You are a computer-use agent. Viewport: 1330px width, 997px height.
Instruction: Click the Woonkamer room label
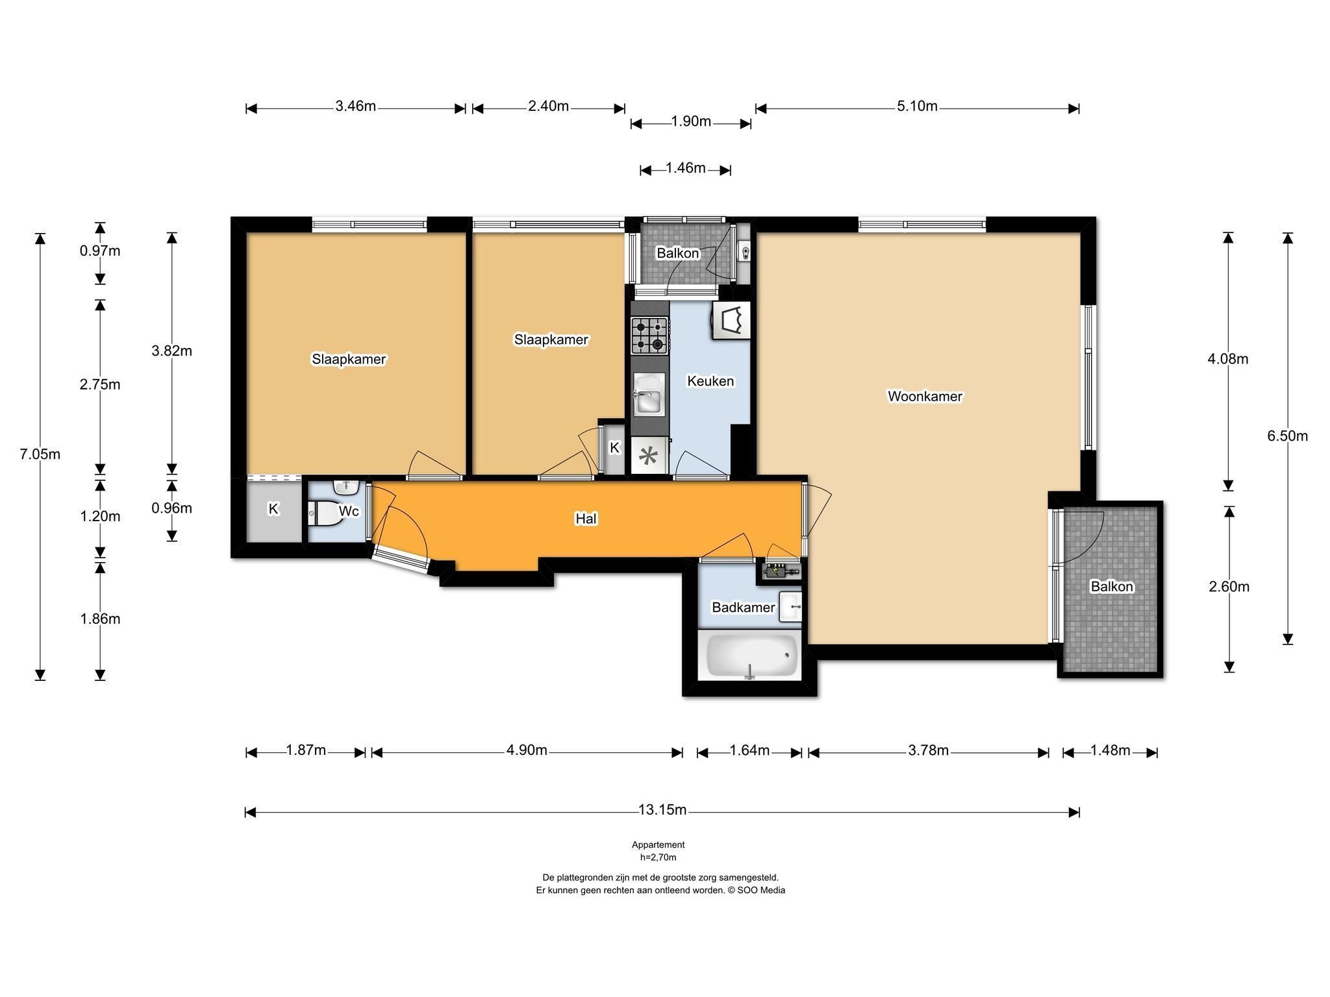pyautogui.click(x=925, y=396)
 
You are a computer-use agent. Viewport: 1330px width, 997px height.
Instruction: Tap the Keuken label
pyautogui.click(x=710, y=381)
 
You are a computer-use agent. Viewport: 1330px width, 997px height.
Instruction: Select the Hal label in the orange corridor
pyautogui.click(x=586, y=519)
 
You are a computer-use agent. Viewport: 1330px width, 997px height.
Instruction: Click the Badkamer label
pyautogui.click(x=743, y=608)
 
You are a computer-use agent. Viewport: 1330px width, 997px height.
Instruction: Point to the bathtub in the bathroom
pyautogui.click(x=752, y=655)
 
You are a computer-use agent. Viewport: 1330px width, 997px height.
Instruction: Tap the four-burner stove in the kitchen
pyautogui.click(x=649, y=335)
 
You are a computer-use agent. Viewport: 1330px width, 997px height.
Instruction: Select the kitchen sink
pyautogui.click(x=649, y=395)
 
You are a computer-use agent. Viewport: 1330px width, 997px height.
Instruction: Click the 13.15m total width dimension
pyautogui.click(x=662, y=810)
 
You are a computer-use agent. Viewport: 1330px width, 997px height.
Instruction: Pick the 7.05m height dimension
pyautogui.click(x=40, y=454)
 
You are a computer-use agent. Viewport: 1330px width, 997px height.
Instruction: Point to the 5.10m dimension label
pyautogui.click(x=917, y=106)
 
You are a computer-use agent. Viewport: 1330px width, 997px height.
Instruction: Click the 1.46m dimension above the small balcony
pyautogui.click(x=685, y=169)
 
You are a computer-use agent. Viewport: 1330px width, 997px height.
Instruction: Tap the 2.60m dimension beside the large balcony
pyautogui.click(x=1229, y=587)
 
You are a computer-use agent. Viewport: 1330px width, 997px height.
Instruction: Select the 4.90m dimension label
pyautogui.click(x=527, y=750)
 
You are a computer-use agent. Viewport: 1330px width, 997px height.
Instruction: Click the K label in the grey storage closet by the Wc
pyautogui.click(x=273, y=509)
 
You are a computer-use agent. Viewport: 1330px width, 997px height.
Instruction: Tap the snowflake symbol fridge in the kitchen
pyautogui.click(x=648, y=456)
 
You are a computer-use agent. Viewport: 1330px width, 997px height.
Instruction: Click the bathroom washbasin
pyautogui.click(x=790, y=606)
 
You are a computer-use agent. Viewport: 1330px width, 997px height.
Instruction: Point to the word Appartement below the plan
pyautogui.click(x=659, y=845)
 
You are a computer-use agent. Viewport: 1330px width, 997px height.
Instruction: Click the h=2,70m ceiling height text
pyautogui.click(x=659, y=857)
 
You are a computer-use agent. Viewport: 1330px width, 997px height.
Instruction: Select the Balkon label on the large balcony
pyautogui.click(x=1112, y=587)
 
